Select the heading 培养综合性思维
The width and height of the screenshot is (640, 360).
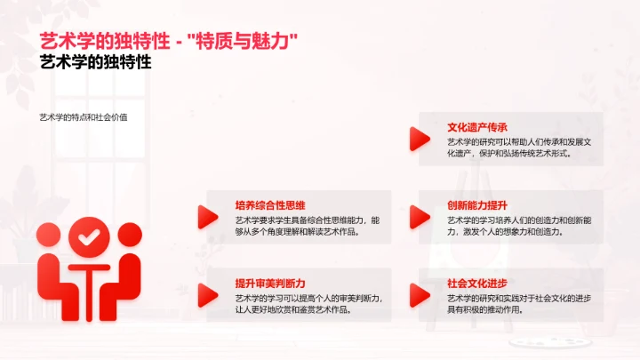point(269,205)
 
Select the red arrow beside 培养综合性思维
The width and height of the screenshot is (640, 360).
point(207,216)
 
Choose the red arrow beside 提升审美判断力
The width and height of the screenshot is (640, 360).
point(207,293)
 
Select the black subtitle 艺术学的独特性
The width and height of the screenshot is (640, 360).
point(97,63)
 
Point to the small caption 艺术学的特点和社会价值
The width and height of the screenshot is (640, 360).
point(83,118)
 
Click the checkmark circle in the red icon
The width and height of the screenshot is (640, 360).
point(88,237)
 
